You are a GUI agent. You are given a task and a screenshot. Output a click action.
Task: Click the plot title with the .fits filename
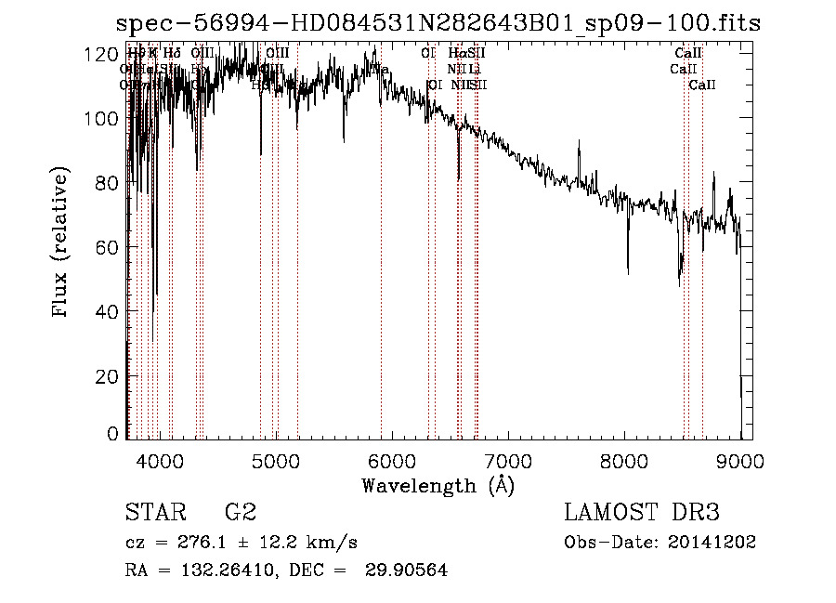(x=437, y=24)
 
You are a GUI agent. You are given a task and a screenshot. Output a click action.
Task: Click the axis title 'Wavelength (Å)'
(x=438, y=485)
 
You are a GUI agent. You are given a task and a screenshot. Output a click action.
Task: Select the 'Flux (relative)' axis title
(x=62, y=243)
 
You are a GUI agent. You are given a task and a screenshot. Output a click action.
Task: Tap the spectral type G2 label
(x=241, y=513)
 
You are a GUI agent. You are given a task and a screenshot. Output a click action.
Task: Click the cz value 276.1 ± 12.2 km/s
(x=242, y=543)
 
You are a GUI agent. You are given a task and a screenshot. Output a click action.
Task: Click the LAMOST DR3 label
(x=642, y=513)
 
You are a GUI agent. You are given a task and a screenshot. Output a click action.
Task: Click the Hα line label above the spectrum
(x=455, y=54)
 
